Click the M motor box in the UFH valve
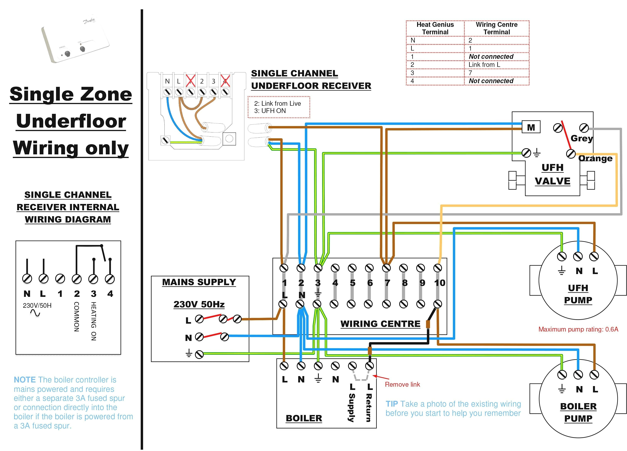point(531,127)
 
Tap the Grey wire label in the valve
point(582,138)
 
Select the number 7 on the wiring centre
point(387,283)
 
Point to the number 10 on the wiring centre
point(439,283)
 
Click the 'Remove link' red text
point(402,384)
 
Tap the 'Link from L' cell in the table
point(484,65)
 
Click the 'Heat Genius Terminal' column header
point(435,28)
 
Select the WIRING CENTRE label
point(380,324)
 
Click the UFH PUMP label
point(578,294)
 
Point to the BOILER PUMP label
point(578,413)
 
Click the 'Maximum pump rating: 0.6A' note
point(578,329)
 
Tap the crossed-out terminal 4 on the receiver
point(225,81)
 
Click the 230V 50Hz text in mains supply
point(199,304)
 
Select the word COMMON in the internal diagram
point(77,317)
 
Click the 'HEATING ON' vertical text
point(94,321)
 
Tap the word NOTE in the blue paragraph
point(25,380)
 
